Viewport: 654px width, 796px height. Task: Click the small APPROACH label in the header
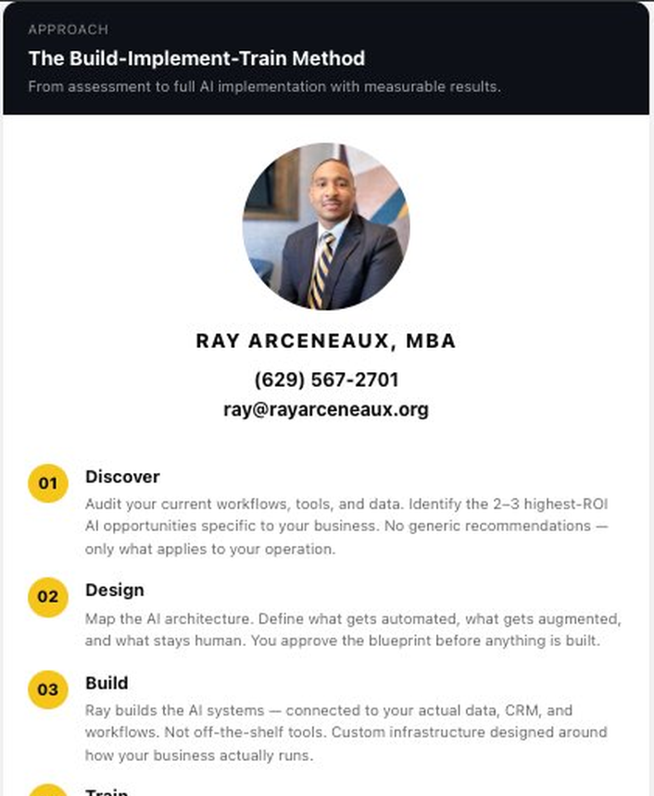click(68, 30)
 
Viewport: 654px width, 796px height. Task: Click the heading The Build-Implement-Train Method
click(196, 58)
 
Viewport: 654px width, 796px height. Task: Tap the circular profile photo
click(326, 227)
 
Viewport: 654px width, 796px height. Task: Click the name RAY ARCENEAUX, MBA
click(326, 341)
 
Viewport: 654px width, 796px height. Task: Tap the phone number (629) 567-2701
click(326, 379)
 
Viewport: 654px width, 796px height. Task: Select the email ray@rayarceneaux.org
click(326, 409)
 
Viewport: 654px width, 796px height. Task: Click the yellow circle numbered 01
click(47, 483)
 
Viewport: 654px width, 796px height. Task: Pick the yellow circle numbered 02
click(47, 596)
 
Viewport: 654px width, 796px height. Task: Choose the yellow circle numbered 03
click(47, 690)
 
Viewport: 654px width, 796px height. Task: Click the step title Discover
click(122, 477)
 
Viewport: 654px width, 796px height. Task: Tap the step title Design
click(115, 590)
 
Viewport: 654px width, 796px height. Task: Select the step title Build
click(107, 683)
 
